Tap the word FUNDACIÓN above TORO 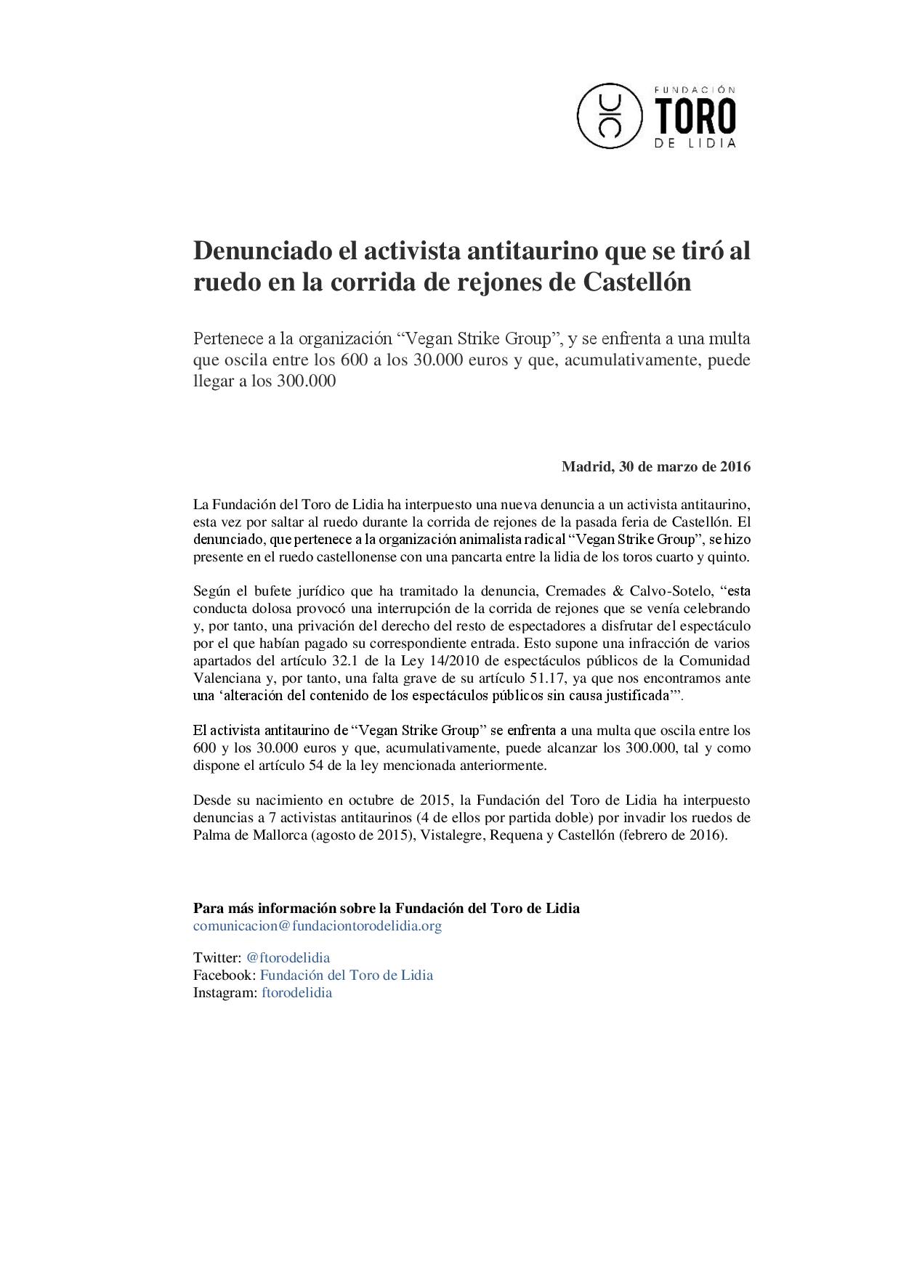(x=695, y=89)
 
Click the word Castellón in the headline (x=637, y=282)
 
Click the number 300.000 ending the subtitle (x=307, y=381)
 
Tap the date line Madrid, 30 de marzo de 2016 (x=655, y=466)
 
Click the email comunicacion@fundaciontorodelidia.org (x=318, y=926)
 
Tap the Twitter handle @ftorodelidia (x=288, y=958)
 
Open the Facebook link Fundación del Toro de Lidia (x=347, y=975)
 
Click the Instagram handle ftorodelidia (x=296, y=993)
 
